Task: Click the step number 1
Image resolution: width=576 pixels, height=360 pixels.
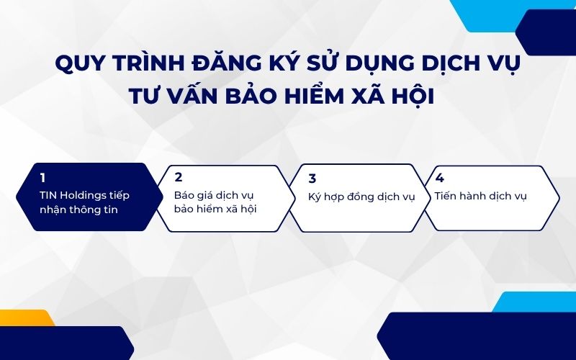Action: (43, 177)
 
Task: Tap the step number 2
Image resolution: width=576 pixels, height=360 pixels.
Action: (178, 177)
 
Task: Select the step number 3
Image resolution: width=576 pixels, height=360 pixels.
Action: (312, 179)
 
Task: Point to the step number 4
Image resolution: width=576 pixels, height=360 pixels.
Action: (439, 177)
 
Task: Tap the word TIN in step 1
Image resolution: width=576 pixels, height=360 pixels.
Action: (48, 195)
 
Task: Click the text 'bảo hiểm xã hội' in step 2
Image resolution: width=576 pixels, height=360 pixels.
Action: (215, 210)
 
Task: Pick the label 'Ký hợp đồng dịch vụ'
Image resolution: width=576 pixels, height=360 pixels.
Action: (361, 197)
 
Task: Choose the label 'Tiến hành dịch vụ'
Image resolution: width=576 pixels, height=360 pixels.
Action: (480, 195)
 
